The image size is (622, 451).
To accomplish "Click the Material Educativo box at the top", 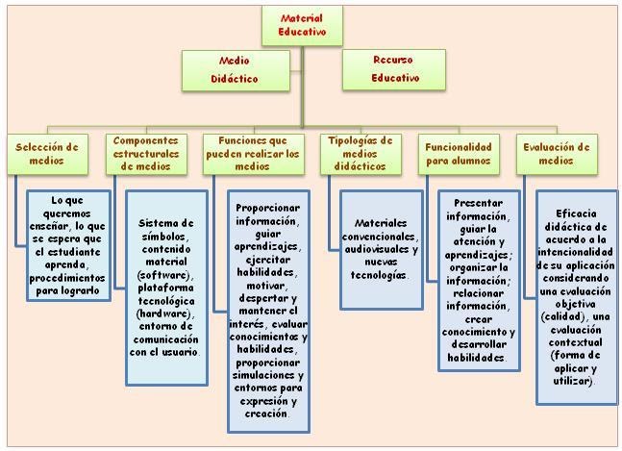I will (302, 26).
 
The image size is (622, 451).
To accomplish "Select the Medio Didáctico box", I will (235, 69).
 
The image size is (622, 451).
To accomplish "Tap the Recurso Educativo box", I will (393, 69).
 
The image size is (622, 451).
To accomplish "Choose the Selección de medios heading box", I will (46, 154).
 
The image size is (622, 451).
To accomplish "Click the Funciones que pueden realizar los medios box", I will (253, 154).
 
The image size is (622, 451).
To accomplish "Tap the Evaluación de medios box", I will (557, 154).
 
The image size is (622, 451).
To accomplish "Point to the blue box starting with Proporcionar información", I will (268, 310).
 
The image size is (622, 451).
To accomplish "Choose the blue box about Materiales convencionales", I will (381, 249).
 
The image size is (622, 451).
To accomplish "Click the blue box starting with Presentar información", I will (480, 281).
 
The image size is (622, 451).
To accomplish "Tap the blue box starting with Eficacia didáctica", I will (576, 296).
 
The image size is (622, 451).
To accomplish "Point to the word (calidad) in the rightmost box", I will (568, 316).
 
